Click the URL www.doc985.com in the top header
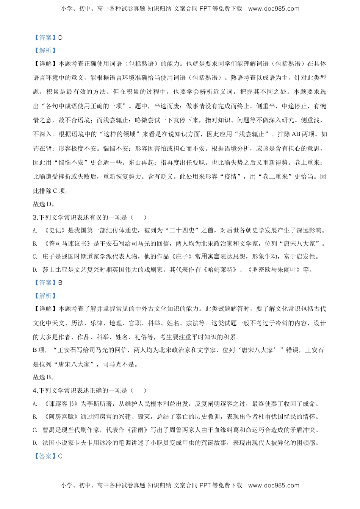274,9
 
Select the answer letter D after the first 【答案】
60,37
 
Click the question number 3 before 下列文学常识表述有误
35,217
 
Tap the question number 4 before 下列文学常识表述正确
35,390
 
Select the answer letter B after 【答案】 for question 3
60,283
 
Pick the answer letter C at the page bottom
60,456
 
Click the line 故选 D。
44,204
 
